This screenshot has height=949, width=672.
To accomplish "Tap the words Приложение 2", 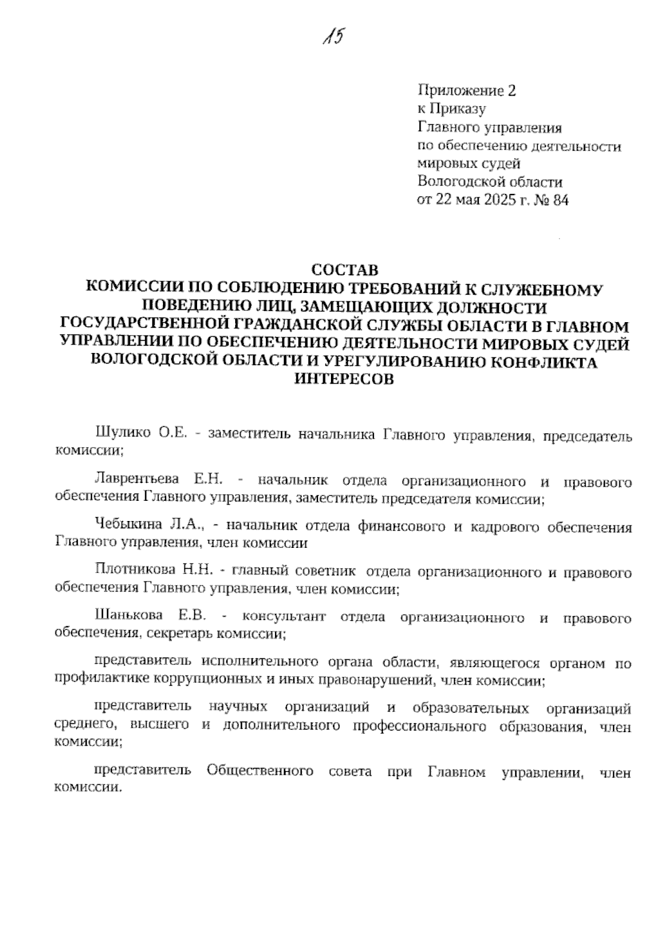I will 466,90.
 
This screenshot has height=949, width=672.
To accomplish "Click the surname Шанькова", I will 129,617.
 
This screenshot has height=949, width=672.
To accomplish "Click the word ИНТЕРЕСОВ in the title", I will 344,379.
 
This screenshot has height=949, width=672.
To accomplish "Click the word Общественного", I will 260,771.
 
